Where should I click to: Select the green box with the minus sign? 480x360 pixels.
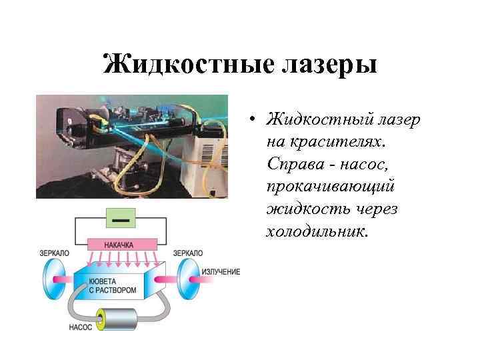[x=121, y=218]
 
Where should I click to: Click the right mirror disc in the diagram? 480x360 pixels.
[x=189, y=275]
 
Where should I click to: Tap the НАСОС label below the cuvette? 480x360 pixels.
[x=81, y=327]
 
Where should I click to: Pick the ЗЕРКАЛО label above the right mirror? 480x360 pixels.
[x=187, y=253]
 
